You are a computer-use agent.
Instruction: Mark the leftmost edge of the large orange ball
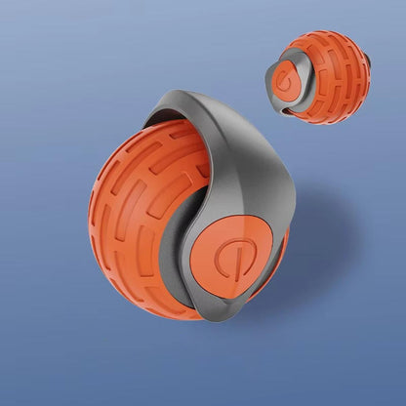pos(90,210)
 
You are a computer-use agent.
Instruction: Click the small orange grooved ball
pos(337,78)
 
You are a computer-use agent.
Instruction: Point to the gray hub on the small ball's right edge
pos(369,70)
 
